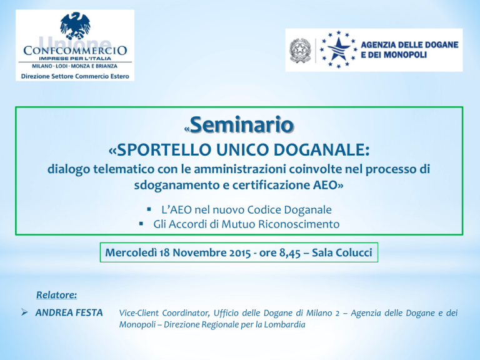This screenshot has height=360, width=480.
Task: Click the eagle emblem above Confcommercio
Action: coord(75,26)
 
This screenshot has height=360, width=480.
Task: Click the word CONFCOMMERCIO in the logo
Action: coord(75,51)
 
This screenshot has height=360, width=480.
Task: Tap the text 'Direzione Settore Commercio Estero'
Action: coord(75,76)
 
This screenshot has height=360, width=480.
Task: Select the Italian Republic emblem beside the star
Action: coord(300,51)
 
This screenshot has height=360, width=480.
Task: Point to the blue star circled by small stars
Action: coord(338,49)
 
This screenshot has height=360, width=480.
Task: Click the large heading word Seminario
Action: coord(242,124)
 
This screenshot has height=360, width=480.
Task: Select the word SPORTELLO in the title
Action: coord(164,150)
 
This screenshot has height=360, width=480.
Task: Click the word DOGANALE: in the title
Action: coord(321,150)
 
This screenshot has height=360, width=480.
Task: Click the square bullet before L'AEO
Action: coord(149,209)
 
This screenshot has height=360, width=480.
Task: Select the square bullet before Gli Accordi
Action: coord(141,224)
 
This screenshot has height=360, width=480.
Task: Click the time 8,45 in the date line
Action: coord(290,253)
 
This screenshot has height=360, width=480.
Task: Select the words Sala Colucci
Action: coord(342,252)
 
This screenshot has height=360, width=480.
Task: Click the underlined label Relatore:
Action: coord(57,295)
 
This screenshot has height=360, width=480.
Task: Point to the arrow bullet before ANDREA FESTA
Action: coord(24,312)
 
